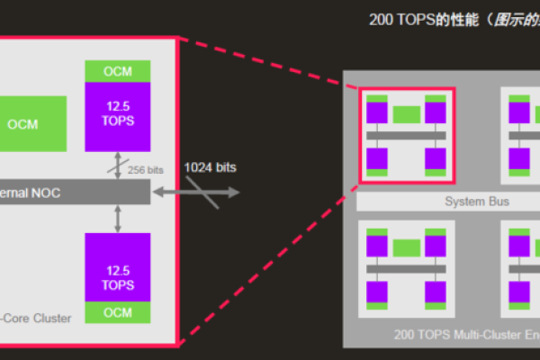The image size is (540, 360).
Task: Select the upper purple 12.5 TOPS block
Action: tap(118, 114)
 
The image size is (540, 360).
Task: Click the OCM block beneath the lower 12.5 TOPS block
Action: tap(118, 312)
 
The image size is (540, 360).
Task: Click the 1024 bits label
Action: tap(211, 167)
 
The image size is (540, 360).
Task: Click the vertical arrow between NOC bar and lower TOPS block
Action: tap(118, 217)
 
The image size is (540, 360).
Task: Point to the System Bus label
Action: tap(477, 202)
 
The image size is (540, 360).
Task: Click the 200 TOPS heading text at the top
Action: tap(423, 20)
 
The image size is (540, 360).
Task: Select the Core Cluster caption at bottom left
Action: tap(36, 317)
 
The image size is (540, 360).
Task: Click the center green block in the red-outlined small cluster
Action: tap(407, 114)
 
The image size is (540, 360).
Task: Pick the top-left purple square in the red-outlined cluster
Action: tap(377, 112)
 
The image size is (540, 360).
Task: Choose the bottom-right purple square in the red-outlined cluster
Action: tap(436, 158)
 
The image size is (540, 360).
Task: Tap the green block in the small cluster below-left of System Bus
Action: tap(407, 247)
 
